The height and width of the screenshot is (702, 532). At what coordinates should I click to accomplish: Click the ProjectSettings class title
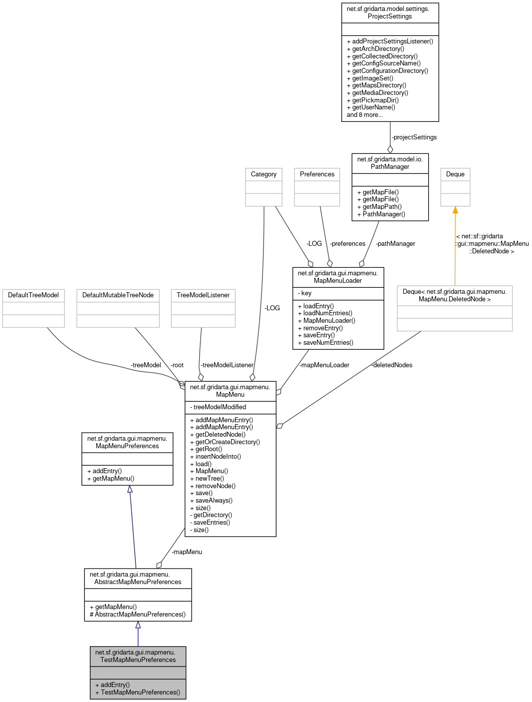point(390,12)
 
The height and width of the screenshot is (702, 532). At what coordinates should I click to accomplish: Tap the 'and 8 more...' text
point(365,115)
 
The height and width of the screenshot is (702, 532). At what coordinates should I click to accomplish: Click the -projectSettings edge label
point(414,137)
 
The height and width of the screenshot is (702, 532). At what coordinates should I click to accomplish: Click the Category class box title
point(264,174)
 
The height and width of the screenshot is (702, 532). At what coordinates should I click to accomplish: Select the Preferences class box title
point(317,174)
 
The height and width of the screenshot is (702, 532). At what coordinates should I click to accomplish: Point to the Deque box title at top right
point(455,174)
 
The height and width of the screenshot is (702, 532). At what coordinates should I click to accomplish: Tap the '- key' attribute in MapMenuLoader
point(305,293)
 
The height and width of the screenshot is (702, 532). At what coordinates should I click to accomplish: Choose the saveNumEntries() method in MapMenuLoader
point(328,343)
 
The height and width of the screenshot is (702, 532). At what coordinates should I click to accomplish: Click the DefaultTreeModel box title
point(33,295)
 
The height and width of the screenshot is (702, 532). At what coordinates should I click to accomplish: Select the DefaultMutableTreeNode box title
point(118,295)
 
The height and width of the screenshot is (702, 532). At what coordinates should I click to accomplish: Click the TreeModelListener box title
point(203,295)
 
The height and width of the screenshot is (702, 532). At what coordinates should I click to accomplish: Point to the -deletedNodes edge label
point(392,365)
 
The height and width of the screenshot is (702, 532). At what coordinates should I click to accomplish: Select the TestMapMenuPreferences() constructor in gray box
point(140,693)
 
